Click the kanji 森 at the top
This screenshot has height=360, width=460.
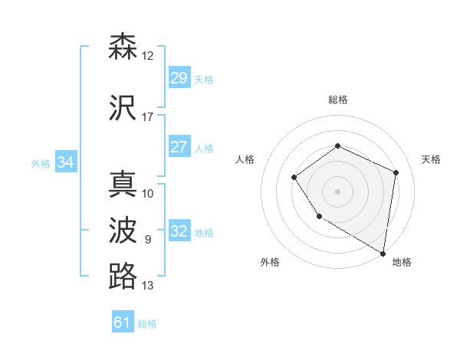point(123,47)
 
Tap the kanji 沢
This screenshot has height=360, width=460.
point(123,108)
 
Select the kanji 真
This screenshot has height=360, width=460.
point(123,185)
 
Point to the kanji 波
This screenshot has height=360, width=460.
point(123,231)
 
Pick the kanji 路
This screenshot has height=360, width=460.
point(123,276)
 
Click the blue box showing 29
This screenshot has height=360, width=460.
point(179,78)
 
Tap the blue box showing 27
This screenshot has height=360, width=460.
point(179,147)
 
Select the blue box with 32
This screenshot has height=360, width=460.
point(179,231)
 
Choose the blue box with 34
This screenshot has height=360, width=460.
point(66,162)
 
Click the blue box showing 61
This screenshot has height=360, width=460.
point(123,322)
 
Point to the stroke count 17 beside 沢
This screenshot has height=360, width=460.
point(147,118)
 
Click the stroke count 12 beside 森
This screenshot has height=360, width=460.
point(147,56)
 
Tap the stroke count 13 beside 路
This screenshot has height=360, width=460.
point(147,286)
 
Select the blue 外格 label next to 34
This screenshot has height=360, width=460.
point(41,163)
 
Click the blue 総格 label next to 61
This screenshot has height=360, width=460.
point(147,324)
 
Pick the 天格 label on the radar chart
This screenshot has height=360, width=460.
point(431,159)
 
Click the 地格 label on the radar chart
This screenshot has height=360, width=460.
point(402,262)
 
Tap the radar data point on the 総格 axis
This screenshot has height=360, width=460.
point(337,146)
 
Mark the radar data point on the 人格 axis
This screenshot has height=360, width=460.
point(294,178)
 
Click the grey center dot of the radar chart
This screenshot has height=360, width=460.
point(337,191)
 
